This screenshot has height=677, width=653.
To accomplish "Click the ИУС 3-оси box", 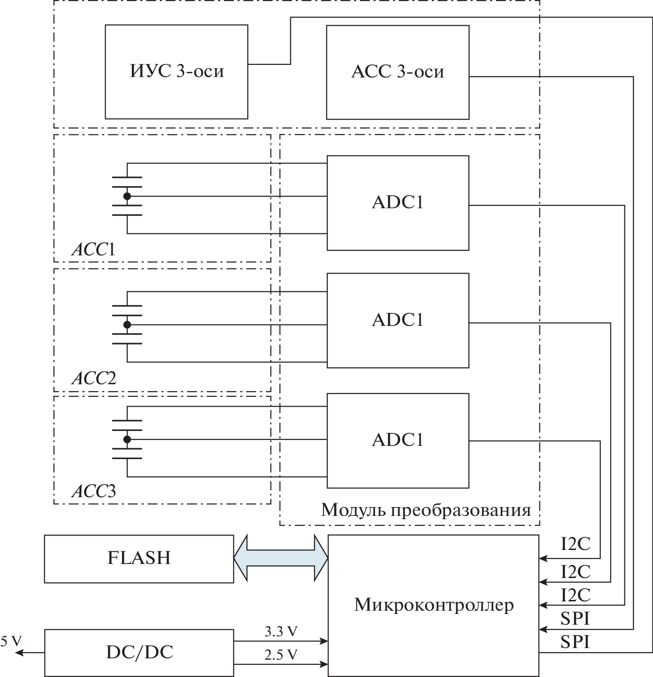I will tap(176, 71).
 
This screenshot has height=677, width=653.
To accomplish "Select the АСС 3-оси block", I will tap(397, 72).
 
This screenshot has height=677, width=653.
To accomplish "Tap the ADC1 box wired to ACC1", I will tap(397, 203).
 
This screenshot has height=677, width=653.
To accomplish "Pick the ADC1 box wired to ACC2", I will tap(397, 320).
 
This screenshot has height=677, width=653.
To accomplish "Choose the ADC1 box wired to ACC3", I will tap(397, 440).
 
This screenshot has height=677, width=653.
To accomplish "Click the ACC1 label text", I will tap(93, 250).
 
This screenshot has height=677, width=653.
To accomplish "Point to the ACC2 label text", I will tap(93, 378).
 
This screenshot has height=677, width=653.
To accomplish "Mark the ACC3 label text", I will tap(93, 492).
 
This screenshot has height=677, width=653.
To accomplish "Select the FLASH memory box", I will tap(139, 558).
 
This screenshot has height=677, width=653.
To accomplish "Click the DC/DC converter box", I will tap(139, 652).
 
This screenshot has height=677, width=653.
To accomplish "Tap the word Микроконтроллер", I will tap(434, 605).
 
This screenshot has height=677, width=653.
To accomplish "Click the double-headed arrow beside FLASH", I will tap(281, 558).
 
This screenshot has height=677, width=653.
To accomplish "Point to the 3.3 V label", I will tap(280, 632).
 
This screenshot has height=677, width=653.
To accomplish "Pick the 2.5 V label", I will tap(280, 655).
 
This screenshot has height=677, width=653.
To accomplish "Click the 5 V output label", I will tap(11, 641).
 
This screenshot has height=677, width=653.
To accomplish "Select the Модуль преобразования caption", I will tap(426, 510).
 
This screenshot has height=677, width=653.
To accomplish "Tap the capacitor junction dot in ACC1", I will tap(127, 197).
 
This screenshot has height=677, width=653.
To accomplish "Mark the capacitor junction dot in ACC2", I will tap(127, 324).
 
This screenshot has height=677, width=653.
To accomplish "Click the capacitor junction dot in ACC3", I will tap(127, 439).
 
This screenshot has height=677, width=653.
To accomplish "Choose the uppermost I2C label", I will tap(575, 544).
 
